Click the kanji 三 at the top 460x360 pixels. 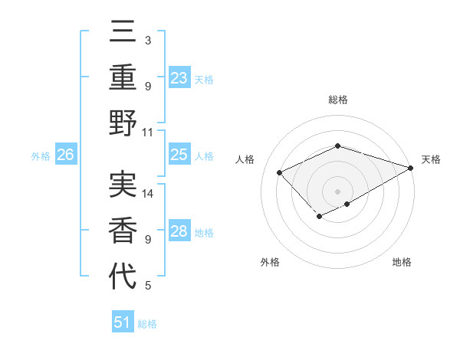(123, 34)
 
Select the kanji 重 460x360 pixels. (123, 78)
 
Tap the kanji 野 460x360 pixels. (123, 123)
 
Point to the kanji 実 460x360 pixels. (123, 184)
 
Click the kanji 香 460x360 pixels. (123, 229)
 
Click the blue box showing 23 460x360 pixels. (179, 78)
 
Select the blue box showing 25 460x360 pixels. (179, 155)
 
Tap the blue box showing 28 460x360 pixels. (179, 232)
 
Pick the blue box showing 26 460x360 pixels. (65, 155)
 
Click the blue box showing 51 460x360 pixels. (123, 322)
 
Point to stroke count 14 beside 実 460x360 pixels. (149, 194)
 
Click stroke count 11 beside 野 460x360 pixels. (149, 132)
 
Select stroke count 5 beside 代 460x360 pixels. (147, 286)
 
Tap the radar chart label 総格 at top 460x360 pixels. (337, 100)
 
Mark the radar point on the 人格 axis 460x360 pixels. (280, 172)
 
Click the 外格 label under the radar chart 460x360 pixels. (270, 263)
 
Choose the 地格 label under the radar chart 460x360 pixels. (402, 263)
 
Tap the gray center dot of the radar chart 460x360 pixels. (337, 190)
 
